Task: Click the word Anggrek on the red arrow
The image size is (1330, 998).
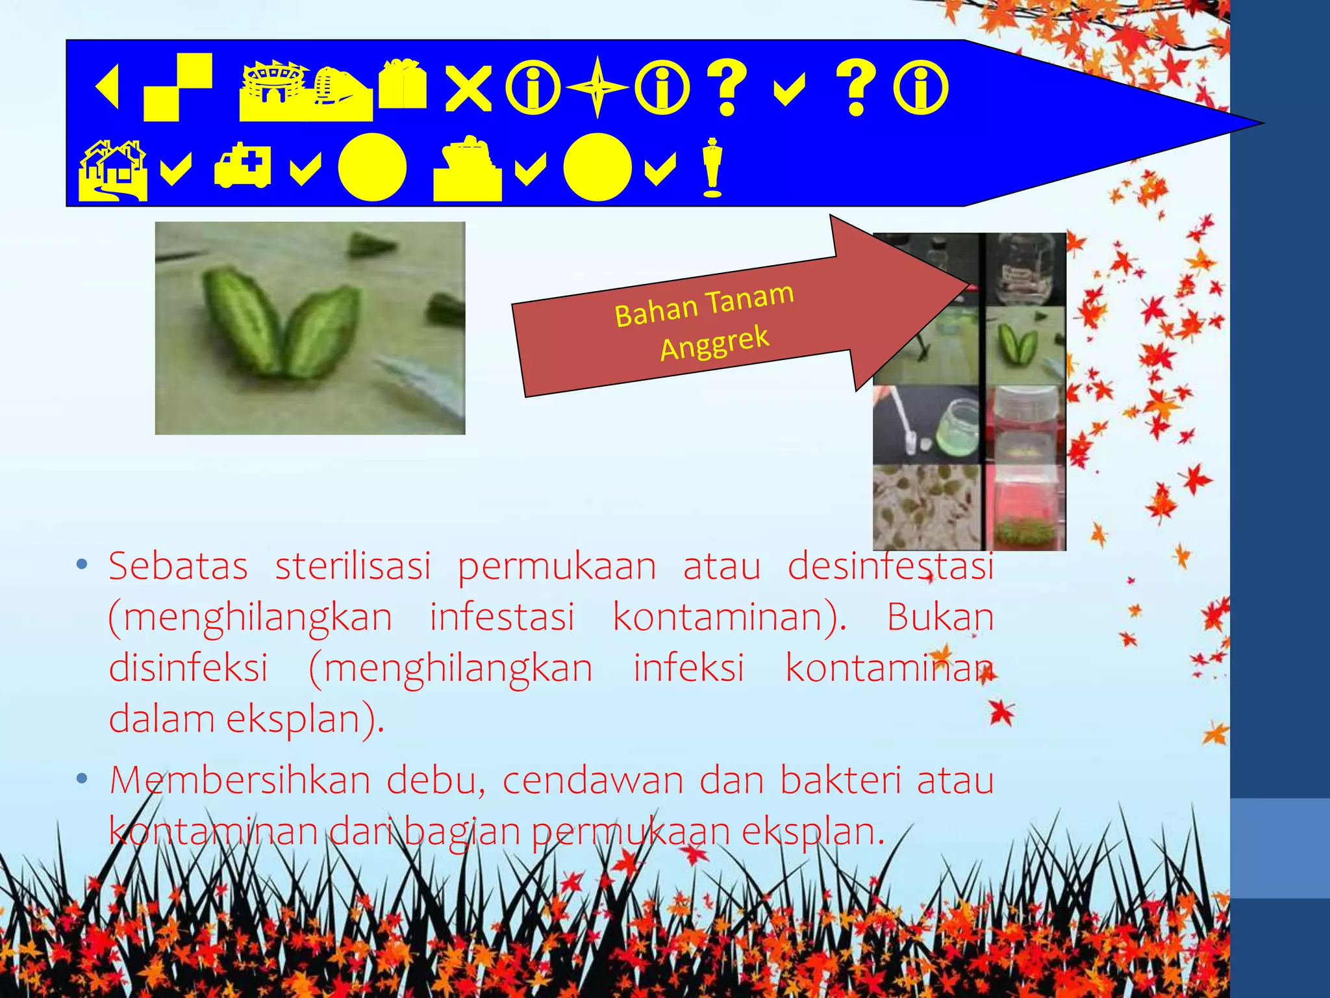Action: pyautogui.click(x=714, y=342)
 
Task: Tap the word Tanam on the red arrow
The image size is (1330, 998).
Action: pyautogui.click(x=749, y=298)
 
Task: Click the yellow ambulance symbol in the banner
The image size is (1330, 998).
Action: pyautogui.click(x=242, y=166)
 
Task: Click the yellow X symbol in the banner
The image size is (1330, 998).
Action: pyautogui.click(x=468, y=89)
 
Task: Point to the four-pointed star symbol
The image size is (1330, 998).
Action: pyautogui.click(x=597, y=88)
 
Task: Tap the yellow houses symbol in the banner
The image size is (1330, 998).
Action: pyautogui.click(x=112, y=170)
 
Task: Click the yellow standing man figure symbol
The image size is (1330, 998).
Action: pyautogui.click(x=712, y=167)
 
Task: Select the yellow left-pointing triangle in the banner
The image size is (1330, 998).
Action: pyautogui.click(x=108, y=87)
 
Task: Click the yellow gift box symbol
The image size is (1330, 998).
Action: pyautogui.click(x=403, y=84)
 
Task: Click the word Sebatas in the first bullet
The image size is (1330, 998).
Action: pyautogui.click(x=178, y=566)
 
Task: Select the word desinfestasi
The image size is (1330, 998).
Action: pyautogui.click(x=890, y=566)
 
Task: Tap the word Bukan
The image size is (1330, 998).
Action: pyautogui.click(x=940, y=617)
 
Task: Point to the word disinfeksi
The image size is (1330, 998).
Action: pyautogui.click(x=188, y=667)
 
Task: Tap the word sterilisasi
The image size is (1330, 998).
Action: pyautogui.click(x=353, y=566)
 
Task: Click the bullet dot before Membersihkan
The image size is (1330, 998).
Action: pyautogui.click(x=82, y=778)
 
